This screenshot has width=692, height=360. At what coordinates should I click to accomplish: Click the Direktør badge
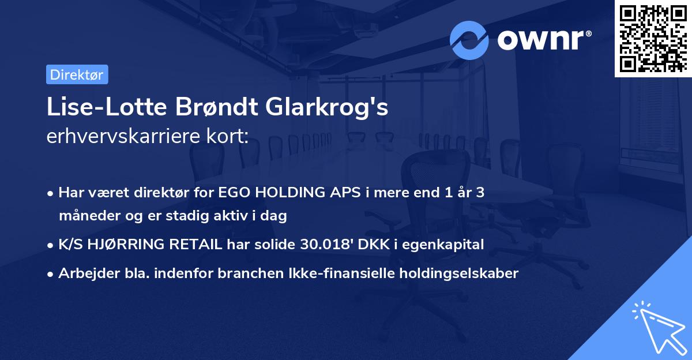click(77, 74)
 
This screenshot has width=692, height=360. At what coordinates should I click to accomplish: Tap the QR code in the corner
click(653, 38)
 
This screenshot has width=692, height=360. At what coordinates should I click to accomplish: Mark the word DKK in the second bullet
click(374, 245)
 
